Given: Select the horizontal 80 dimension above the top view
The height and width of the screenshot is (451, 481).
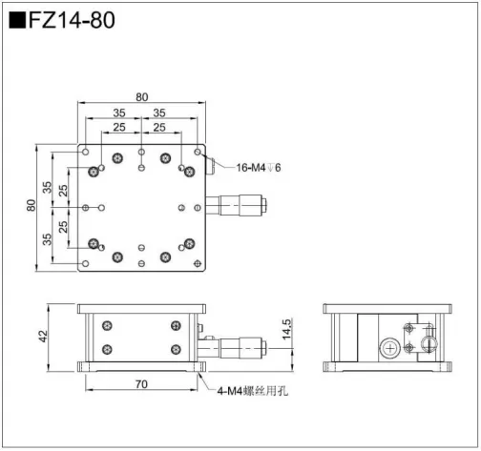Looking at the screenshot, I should click(x=141, y=96).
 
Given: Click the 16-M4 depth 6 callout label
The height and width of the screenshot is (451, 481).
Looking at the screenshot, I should click(x=260, y=168).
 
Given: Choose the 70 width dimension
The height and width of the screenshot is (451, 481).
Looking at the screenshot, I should click(x=141, y=385).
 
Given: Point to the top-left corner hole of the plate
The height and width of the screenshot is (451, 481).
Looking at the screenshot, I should click(x=86, y=151).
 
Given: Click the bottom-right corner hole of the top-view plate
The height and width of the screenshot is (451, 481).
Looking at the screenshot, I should click(x=198, y=262).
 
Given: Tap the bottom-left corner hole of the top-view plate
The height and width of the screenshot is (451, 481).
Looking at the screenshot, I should click(x=86, y=262).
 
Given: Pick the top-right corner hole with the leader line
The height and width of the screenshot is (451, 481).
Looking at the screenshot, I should click(x=198, y=151).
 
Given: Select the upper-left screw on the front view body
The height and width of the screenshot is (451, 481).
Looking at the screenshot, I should click(x=107, y=326).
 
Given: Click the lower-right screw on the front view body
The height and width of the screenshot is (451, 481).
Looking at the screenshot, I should click(x=176, y=349).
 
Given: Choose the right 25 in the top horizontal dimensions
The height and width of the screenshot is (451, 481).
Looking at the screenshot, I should click(x=159, y=127).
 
